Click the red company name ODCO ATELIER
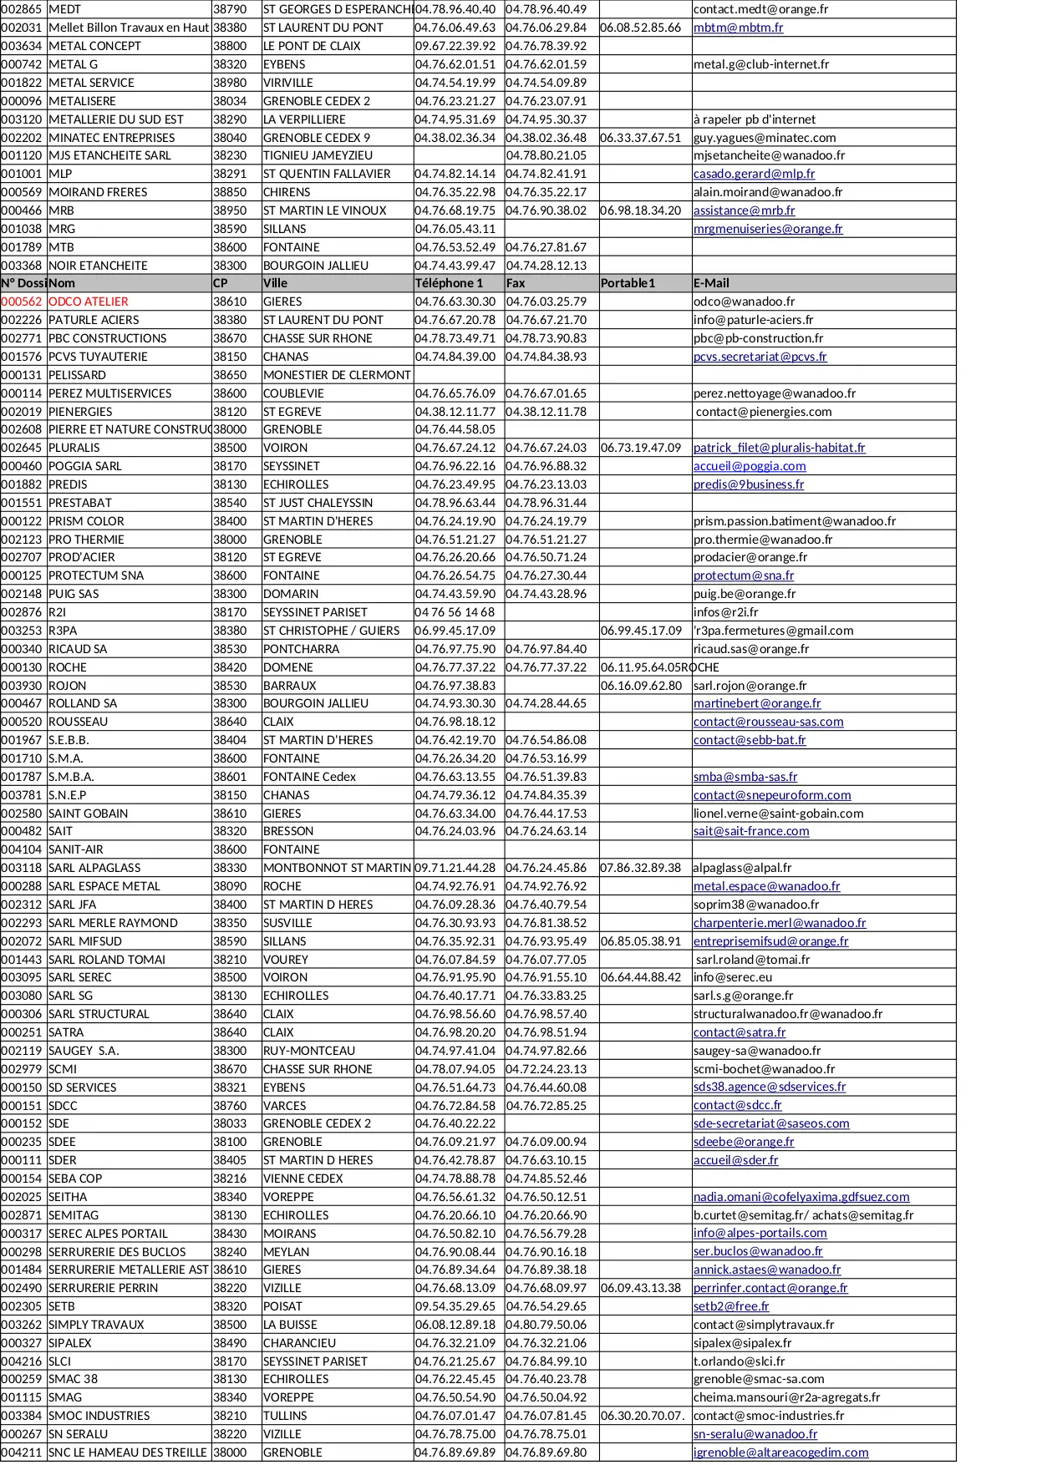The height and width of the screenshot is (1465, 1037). tap(88, 302)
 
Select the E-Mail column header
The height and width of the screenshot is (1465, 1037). tap(711, 283)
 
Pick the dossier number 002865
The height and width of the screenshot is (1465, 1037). tap(22, 9)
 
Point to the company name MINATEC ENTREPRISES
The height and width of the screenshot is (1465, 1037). tap(111, 138)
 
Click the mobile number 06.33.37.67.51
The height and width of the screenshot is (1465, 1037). tap(640, 138)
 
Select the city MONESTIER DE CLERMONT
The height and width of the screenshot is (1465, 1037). tap(337, 375)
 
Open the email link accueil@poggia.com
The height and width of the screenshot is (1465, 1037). tap(750, 466)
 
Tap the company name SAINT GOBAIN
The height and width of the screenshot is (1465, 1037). tap(88, 814)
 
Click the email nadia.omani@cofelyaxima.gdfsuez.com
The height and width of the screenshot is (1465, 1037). tap(801, 1197)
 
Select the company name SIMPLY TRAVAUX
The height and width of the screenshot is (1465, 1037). tap(96, 1325)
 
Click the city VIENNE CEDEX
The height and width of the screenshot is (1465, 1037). tap(302, 1179)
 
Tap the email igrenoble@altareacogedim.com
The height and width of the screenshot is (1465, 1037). tap(780, 1452)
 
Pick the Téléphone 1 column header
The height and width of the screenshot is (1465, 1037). tap(449, 283)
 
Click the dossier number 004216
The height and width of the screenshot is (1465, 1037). tap(22, 1361)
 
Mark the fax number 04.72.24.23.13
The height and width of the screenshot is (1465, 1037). tap(546, 1069)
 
